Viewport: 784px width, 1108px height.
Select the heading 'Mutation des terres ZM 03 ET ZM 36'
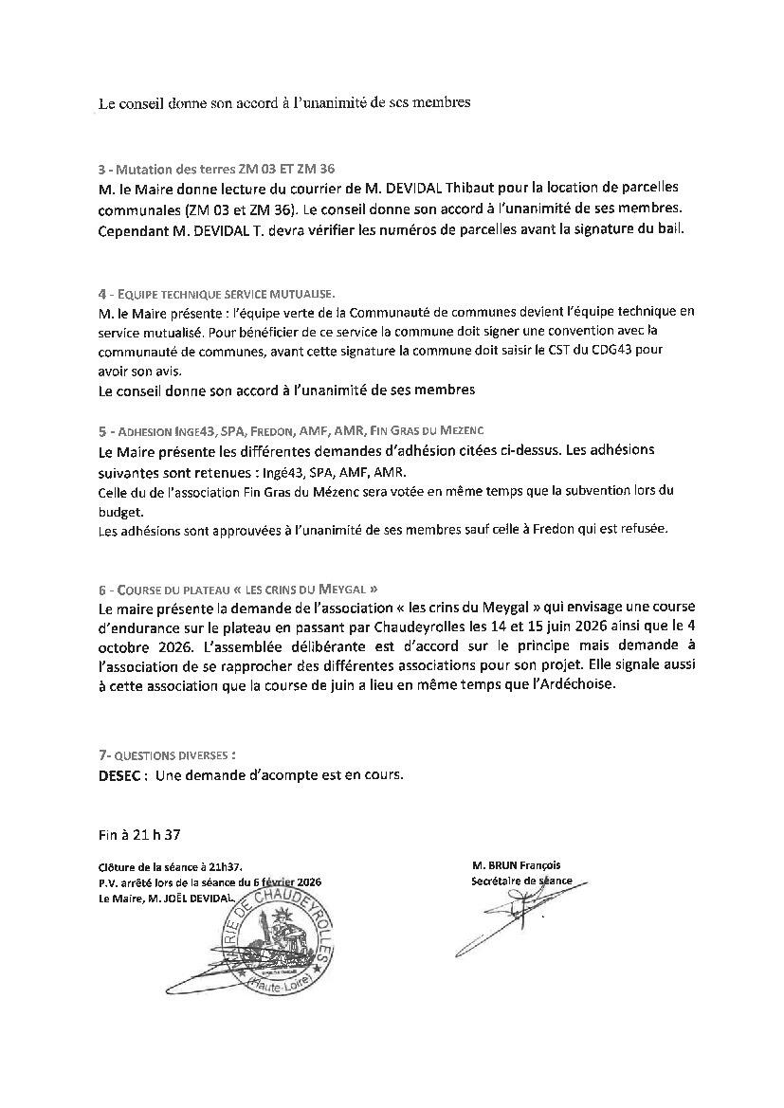(216, 170)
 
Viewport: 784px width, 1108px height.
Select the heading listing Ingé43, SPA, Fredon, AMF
(293, 430)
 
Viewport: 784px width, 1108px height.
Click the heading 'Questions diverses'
(167, 754)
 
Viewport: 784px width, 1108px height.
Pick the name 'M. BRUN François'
(515, 864)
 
